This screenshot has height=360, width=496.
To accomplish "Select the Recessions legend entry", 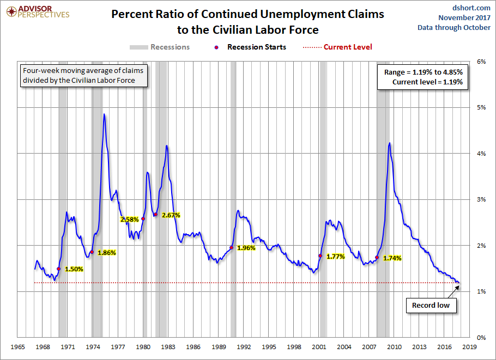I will [x=160, y=47].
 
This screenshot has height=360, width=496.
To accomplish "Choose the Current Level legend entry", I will [x=337, y=47].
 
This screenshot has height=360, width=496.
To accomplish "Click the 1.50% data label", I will [x=74, y=269].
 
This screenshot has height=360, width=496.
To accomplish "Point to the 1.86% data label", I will [x=106, y=253].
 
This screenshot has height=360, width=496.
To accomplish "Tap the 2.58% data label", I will [x=130, y=219].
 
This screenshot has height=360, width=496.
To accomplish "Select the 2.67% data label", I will [x=171, y=215].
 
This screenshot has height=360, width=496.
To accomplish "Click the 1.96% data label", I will [x=246, y=248].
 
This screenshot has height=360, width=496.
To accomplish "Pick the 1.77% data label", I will [x=336, y=257].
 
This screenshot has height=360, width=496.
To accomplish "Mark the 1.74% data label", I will [x=392, y=258].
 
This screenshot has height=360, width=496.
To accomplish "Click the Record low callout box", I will [x=431, y=305].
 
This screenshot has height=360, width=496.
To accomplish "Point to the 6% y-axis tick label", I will [x=481, y=62].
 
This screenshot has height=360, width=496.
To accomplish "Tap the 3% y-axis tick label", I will [x=481, y=199].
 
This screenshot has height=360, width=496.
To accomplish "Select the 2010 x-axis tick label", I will [x=394, y=346].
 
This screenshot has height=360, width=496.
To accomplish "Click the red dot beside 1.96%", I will [x=231, y=248].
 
